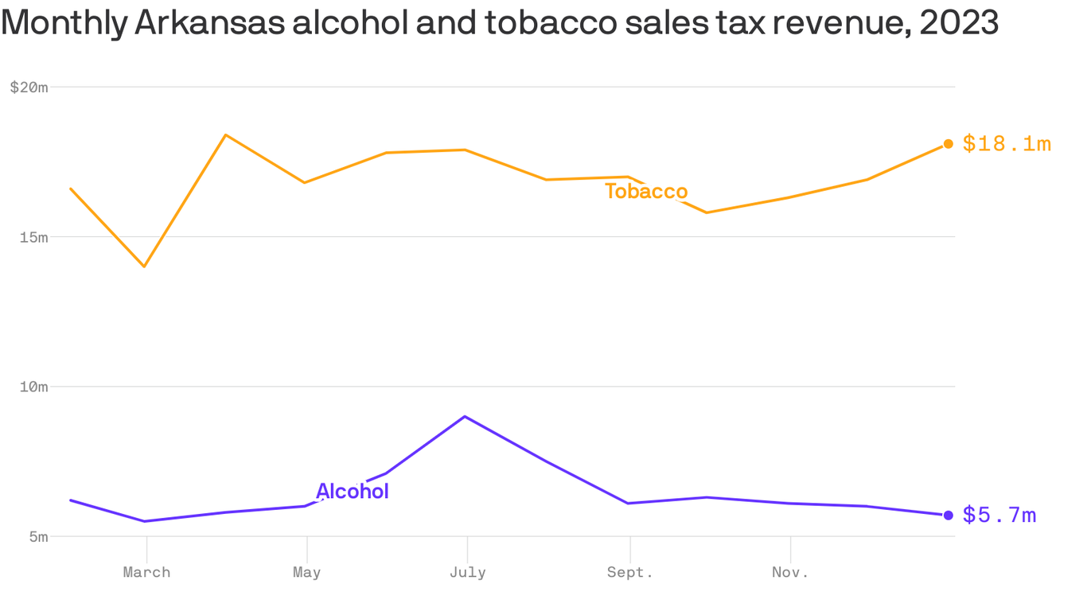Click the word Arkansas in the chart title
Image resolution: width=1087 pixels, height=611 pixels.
209,23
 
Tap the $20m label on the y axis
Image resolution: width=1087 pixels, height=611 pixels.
29,88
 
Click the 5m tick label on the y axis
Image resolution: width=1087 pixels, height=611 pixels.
37,536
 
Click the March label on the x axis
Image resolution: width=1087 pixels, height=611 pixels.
146,572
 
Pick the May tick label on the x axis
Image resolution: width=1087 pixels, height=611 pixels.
307,572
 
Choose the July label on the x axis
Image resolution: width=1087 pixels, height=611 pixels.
467,572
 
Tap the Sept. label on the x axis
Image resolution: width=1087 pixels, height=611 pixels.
630,572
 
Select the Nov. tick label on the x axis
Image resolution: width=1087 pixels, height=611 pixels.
790,572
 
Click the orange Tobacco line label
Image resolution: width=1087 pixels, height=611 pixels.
646,192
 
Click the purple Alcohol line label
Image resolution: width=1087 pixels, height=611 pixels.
353,492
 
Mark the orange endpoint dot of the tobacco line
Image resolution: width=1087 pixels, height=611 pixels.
948,144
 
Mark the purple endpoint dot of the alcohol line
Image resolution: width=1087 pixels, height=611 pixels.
948,515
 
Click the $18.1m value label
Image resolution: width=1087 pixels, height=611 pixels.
1007,144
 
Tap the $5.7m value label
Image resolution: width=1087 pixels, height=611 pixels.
999,516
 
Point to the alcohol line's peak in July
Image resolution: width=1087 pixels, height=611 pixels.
465,416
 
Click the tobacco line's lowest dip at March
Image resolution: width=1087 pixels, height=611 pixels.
144,266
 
